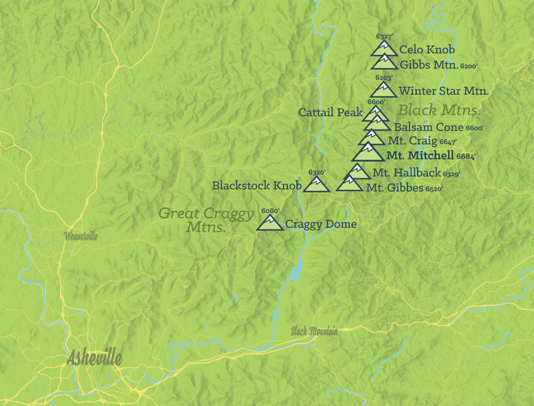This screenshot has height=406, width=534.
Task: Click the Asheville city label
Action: [x=95, y=358]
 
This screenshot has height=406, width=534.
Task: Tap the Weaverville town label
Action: [x=81, y=236]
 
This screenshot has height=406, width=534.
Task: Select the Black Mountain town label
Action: [x=314, y=331]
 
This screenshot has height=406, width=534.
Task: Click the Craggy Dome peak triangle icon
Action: [x=270, y=223]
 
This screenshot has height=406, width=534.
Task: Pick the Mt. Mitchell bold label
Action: [x=419, y=156]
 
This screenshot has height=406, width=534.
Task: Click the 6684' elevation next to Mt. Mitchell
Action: [x=466, y=157]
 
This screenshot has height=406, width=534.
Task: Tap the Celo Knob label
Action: [x=427, y=50]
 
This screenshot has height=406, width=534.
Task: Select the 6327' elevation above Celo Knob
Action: [x=384, y=36]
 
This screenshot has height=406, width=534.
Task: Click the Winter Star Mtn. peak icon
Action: [x=383, y=90]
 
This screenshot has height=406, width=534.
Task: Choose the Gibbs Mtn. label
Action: [x=428, y=65]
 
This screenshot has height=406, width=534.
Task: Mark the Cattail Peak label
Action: [x=329, y=112]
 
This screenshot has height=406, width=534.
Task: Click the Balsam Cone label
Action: [x=428, y=127]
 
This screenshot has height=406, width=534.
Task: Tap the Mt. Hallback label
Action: [x=406, y=173]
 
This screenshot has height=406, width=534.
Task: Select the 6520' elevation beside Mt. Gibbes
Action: [x=434, y=189]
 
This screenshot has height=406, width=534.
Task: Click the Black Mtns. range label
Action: [x=439, y=111]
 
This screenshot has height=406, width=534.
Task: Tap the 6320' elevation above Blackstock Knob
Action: [x=317, y=172]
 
